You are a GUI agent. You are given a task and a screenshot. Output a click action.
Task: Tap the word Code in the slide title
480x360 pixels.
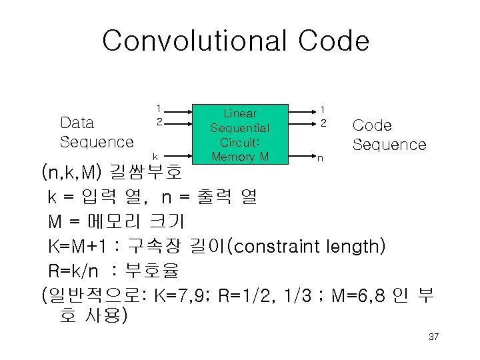(x=333, y=41)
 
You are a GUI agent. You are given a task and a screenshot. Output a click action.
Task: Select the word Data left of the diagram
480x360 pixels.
(x=77, y=123)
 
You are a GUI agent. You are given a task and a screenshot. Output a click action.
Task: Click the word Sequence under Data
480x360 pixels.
(x=97, y=141)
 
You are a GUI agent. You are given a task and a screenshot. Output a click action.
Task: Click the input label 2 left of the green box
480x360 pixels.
(x=159, y=122)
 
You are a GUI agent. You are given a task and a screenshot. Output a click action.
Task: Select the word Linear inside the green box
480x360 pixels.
(x=239, y=113)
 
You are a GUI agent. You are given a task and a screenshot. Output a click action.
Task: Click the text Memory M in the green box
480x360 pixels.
(x=240, y=157)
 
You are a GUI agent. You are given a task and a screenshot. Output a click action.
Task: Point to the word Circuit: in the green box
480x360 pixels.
(x=240, y=142)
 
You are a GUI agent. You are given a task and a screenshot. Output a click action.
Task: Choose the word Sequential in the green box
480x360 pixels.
(x=240, y=128)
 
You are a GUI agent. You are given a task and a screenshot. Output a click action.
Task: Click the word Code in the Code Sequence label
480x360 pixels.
(x=371, y=125)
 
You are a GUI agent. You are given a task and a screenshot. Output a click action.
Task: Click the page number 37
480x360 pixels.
(x=433, y=337)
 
